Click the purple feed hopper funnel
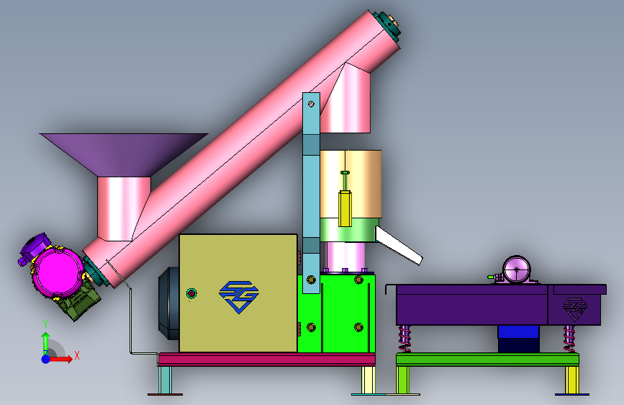pos(123,153)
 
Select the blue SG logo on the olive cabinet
pos(239,297)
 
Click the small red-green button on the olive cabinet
pos(191,294)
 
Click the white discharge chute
pos(398,245)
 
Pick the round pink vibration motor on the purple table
pos(517,270)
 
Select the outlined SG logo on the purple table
pos(574,309)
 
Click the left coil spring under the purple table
pos(404,339)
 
